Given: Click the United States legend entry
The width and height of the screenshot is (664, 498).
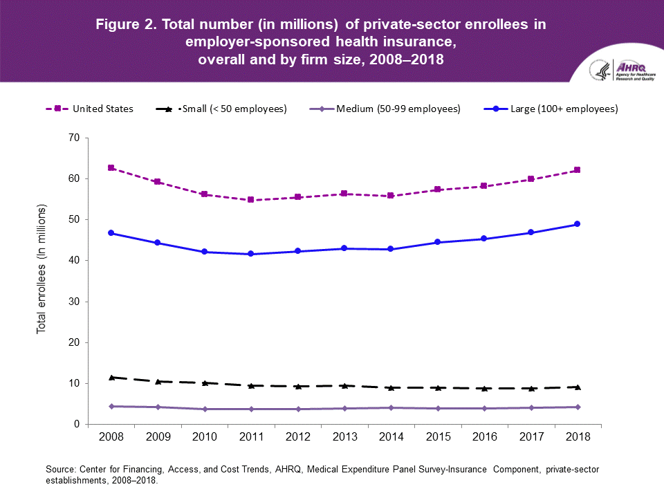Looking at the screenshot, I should [x=89, y=109].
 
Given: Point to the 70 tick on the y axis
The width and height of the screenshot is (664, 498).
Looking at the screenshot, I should [x=74, y=138].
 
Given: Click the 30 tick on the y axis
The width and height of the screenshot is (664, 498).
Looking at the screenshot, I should [x=74, y=302].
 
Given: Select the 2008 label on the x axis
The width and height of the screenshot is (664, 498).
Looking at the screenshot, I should [x=111, y=438].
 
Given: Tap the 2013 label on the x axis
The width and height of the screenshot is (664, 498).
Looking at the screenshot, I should [x=344, y=438].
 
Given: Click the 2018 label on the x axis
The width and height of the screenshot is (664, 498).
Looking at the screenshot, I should [x=577, y=438].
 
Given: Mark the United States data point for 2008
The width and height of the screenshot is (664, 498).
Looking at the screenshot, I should [x=111, y=168].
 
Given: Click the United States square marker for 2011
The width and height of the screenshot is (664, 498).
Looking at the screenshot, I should [x=250, y=200].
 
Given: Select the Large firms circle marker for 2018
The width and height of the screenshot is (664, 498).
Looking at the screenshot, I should [x=577, y=224].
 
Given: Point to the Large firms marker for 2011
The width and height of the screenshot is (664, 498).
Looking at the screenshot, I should [x=250, y=254].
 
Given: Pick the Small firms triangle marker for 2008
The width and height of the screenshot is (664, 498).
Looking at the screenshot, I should [x=111, y=377].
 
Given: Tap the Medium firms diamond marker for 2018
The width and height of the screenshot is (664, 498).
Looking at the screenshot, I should [x=577, y=407].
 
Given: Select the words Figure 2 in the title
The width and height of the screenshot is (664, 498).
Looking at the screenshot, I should [x=125, y=25].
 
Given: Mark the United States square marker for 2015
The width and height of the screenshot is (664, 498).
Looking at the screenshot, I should [x=437, y=190].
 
